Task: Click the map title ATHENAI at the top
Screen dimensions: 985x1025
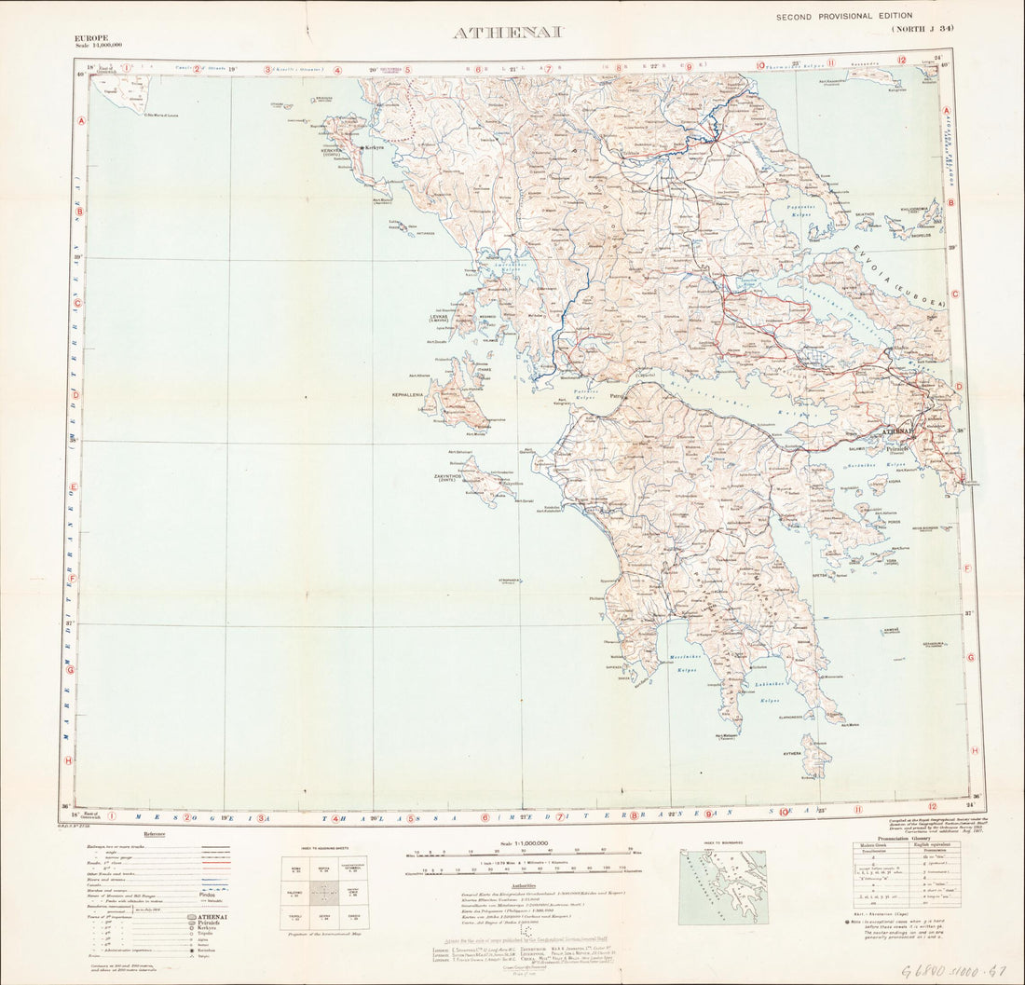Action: pos(507,33)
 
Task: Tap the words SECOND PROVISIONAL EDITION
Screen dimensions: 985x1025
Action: pos(844,16)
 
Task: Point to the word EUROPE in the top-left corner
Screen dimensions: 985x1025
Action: pos(91,37)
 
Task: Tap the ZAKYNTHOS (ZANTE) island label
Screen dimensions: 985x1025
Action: pos(454,477)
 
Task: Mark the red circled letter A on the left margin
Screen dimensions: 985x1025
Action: pos(82,121)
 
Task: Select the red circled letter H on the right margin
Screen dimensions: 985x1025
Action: pos(975,750)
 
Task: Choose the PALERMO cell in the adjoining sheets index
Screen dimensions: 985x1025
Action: pos(295,894)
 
